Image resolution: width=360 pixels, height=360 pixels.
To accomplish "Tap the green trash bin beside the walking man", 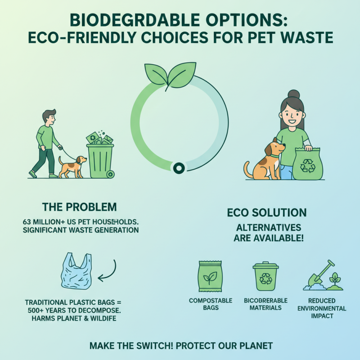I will pos(100,157).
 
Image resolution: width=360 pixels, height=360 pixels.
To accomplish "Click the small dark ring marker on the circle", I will pos(179,168).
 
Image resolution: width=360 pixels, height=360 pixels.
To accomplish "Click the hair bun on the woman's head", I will pos(294,94).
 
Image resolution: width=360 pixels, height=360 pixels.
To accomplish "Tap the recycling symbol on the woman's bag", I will pos(308,165).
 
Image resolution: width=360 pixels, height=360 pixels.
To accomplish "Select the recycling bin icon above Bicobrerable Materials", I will pos(265,277).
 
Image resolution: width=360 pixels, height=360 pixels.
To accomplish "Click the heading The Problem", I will pos(79,207).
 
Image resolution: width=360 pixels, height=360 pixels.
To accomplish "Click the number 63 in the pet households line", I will pos(28,222).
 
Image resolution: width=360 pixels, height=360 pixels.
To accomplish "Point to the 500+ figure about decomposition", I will pos(37,310).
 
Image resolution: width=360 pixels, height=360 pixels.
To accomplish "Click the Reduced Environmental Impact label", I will pos(321,308).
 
